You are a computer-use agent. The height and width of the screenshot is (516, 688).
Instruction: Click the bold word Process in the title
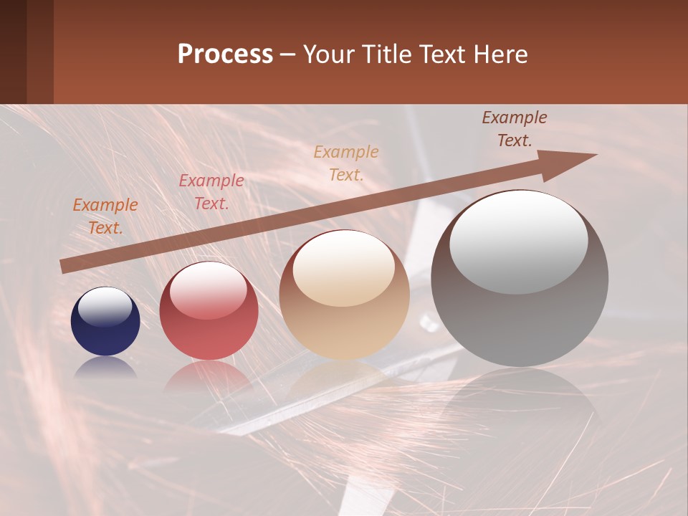225,54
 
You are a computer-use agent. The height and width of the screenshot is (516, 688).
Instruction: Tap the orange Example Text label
105,216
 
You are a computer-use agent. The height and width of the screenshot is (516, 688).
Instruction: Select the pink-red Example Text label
211,192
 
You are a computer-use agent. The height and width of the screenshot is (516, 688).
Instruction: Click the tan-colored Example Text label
346,163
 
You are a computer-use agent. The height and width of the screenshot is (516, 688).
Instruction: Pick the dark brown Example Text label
514,129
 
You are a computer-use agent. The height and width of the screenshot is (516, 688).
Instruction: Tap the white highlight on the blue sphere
105,307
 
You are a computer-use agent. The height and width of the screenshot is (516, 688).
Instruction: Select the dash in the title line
288,54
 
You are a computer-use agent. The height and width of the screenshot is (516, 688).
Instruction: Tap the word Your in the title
327,54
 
